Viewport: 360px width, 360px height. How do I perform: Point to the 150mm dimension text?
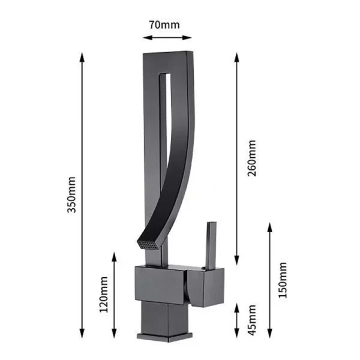point(283,279)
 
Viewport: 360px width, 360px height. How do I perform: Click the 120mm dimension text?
point(103,293)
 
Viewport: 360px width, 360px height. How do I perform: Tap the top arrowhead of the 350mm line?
point(82,56)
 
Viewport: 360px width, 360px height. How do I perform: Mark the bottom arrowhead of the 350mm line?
point(82,335)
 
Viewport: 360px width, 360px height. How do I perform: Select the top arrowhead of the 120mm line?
point(115,255)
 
